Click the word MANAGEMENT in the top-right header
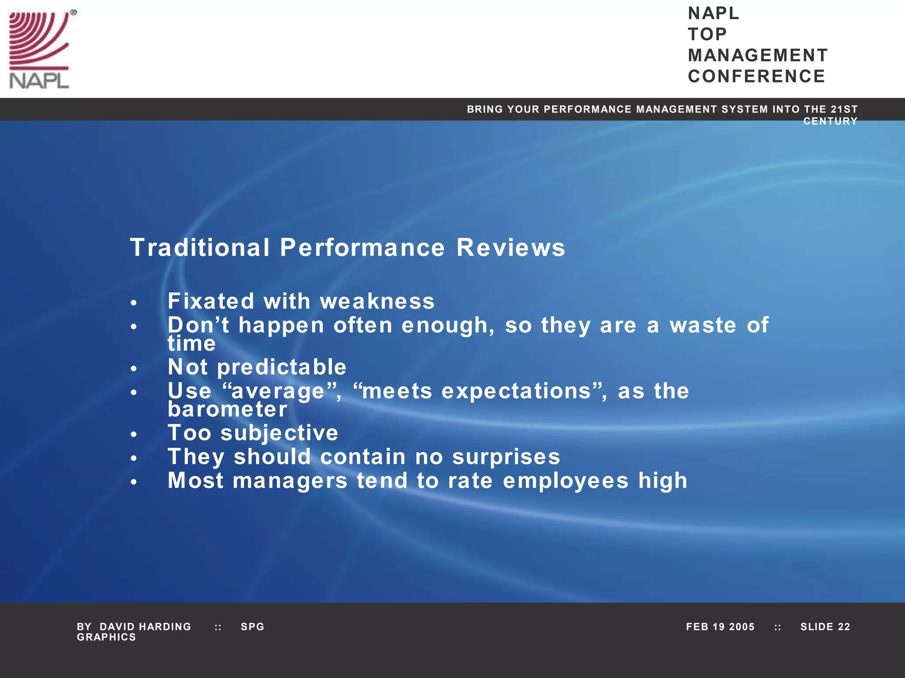[757, 56]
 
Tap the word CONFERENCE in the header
[756, 76]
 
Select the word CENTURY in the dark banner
[830, 121]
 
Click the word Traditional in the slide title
[200, 247]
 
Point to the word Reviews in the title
[510, 247]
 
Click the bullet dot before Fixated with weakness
[134, 303]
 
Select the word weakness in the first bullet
[377, 301]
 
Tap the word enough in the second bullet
[448, 326]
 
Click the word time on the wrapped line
[192, 344]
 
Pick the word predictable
[281, 367]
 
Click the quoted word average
[278, 392]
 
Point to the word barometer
[228, 409]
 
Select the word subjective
[279, 433]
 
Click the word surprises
[506, 457]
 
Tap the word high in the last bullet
[662, 481]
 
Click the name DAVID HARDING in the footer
[145, 627]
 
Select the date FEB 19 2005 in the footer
[720, 627]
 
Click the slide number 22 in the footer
[844, 627]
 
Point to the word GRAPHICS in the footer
[106, 637]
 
